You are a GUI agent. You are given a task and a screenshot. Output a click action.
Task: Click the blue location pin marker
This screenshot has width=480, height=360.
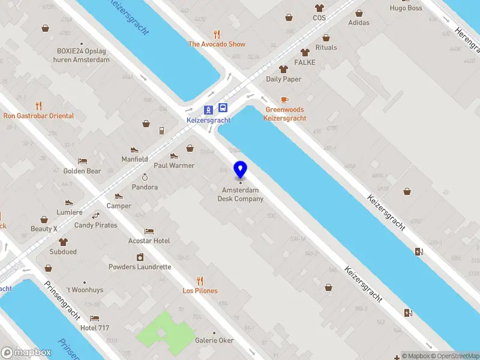coord(240,170)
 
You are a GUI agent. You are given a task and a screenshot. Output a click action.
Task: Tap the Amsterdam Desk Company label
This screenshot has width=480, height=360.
coord(240,194)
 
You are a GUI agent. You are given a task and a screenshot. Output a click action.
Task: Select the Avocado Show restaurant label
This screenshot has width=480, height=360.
coord(217,44)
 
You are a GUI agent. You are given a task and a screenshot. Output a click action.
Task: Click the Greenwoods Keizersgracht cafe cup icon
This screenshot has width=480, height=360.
coord(284,100)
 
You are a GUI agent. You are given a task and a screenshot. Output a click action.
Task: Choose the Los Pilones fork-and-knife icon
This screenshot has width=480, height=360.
coord(200,280)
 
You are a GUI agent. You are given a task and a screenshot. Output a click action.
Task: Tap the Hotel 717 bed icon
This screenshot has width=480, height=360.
coord(94,318)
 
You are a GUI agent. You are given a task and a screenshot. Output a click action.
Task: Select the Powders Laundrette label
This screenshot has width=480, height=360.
coord(140,267)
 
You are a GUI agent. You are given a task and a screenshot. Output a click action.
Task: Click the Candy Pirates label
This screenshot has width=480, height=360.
coord(96,226)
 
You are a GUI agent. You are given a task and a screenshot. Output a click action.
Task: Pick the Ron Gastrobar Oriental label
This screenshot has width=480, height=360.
coord(39,116)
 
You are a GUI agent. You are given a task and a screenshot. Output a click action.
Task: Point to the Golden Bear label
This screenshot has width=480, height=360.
coord(82,171)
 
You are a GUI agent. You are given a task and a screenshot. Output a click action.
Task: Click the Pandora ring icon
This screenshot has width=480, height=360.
coord(145,177)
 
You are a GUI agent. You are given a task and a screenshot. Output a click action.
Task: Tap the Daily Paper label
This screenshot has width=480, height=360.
coord(284,79)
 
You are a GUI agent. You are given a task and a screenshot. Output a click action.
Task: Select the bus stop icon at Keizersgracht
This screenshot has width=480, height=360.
coord(223,109)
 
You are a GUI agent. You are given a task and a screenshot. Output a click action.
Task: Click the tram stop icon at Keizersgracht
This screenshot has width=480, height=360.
coord(208,109)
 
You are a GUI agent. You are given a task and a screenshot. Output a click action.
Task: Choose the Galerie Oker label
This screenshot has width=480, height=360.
coord(214,340)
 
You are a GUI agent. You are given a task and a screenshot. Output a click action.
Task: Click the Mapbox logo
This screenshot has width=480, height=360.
coord(26,353)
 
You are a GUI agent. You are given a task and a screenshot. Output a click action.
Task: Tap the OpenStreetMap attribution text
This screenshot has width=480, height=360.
coord(455,356)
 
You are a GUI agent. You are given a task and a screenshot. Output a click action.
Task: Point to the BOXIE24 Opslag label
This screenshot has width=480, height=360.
coord(83,55)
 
